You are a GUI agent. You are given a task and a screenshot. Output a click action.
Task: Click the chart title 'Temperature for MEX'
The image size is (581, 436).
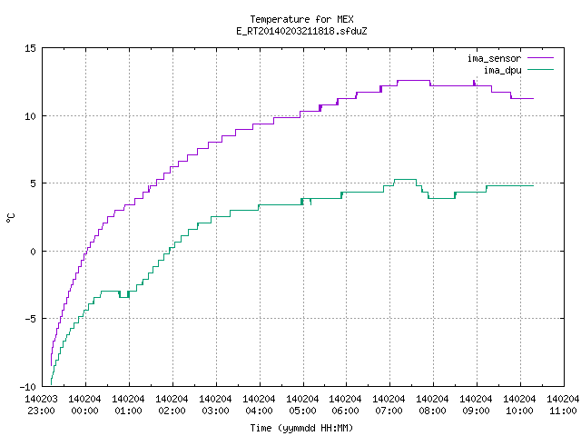[301, 19]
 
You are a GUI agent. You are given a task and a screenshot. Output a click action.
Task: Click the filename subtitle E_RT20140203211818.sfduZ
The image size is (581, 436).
[301, 31]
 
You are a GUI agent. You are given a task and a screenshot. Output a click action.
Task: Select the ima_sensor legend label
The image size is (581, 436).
[494, 58]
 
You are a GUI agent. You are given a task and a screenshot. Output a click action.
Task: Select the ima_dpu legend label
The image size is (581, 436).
[502, 70]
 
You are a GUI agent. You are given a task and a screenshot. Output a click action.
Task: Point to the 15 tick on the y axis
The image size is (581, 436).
[30, 48]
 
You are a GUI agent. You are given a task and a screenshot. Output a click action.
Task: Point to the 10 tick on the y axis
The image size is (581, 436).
[30, 116]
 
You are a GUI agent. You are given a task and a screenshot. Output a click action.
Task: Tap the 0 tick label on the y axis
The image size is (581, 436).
[33, 252]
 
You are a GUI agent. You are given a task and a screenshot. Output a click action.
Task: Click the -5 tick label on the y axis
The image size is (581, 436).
[30, 319]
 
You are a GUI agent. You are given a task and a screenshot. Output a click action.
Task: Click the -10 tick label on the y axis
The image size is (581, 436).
[28, 387]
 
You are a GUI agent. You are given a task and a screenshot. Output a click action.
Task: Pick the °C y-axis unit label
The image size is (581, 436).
[10, 218]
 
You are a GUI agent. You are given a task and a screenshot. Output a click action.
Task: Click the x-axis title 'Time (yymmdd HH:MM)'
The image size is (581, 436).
[301, 428]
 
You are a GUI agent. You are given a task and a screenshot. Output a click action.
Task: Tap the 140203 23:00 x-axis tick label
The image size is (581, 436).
[42, 405]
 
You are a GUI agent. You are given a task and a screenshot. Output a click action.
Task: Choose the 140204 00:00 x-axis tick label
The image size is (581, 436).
[84, 405]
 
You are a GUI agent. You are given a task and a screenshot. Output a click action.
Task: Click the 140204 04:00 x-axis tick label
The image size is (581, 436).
[259, 405]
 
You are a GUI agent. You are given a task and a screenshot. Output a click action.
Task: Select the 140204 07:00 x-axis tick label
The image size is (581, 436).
[389, 405]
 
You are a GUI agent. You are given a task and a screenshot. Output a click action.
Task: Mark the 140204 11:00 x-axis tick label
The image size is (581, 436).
[563, 405]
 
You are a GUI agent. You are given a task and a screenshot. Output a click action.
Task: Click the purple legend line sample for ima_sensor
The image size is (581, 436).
[541, 58]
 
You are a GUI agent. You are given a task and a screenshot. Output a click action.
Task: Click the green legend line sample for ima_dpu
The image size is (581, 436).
[541, 70]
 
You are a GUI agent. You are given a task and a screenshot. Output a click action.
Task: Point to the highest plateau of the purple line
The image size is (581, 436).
[414, 81]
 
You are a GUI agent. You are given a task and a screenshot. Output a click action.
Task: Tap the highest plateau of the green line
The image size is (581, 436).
[405, 180]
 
